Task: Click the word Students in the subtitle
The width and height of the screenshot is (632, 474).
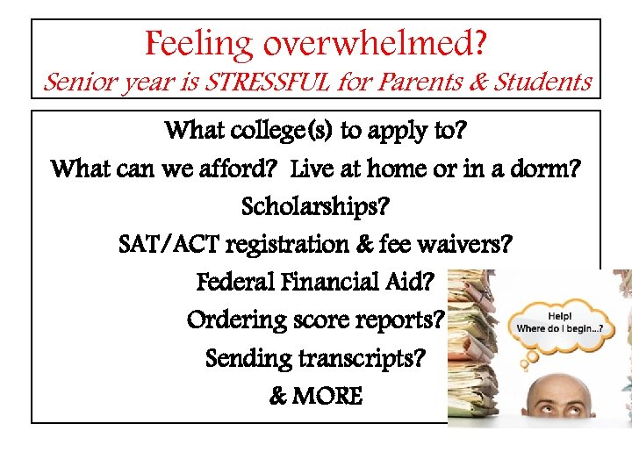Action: (543, 83)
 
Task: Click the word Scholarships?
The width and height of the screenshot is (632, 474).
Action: (315, 207)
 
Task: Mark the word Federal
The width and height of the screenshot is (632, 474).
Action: (236, 283)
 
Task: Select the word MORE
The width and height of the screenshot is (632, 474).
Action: (327, 396)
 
